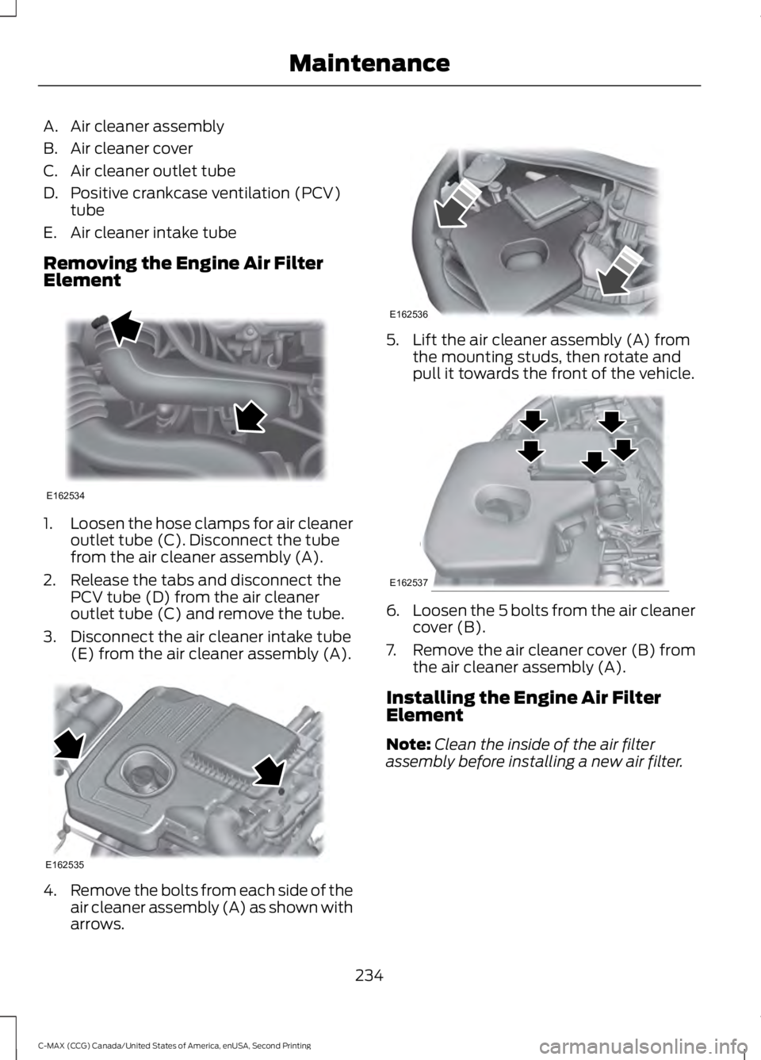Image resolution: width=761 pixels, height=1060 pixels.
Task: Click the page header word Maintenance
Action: coord(369,62)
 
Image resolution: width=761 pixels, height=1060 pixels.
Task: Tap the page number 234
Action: coord(369,976)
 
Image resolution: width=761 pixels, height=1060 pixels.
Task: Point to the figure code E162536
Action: coord(409,314)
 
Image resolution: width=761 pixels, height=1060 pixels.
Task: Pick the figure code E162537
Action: coord(409,583)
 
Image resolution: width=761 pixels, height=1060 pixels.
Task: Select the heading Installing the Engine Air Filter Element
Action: coord(523,706)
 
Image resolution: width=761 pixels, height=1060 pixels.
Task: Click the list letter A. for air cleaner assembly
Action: coord(51,126)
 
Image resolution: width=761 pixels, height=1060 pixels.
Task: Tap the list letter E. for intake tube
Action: coord(51,232)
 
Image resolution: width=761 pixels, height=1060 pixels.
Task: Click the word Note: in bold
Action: coord(407,744)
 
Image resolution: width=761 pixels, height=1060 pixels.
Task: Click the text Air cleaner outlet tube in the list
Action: coord(152,170)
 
